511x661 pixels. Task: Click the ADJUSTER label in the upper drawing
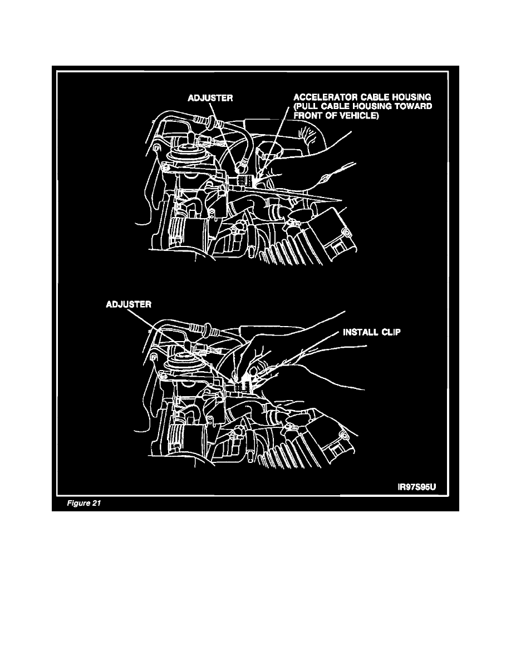(x=210, y=98)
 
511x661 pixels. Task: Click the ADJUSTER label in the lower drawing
(x=129, y=304)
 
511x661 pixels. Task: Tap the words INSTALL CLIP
(x=371, y=332)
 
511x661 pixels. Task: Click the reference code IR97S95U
(x=417, y=487)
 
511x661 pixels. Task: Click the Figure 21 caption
(x=84, y=503)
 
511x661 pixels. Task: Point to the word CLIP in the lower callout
(x=391, y=332)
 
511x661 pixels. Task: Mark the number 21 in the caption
(x=96, y=503)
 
